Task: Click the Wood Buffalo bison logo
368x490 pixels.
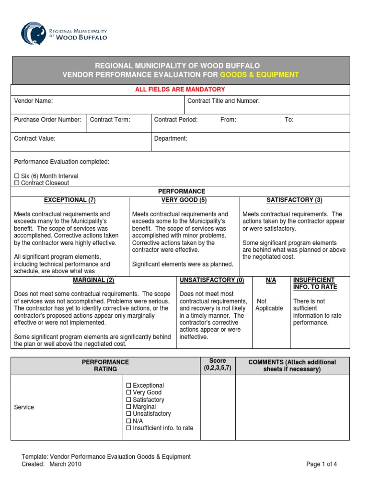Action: click(34, 33)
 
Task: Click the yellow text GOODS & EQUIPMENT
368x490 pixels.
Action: click(259, 75)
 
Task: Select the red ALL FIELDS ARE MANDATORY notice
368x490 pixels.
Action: click(180, 89)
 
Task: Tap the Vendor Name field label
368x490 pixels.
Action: click(34, 101)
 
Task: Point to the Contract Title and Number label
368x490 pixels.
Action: click(223, 101)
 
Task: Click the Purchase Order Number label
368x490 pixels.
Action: click(47, 120)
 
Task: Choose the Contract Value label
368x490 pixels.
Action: click(34, 138)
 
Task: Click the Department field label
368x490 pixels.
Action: click(171, 138)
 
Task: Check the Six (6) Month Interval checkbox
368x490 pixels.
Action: click(17, 176)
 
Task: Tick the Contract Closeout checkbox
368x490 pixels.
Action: click(17, 183)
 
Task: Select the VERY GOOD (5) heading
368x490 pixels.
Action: click(184, 200)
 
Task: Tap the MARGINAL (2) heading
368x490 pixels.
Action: click(93, 280)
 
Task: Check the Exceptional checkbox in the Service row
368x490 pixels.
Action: click(128, 386)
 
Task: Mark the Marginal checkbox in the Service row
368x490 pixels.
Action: click(128, 407)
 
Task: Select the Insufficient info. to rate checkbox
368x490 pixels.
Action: click(128, 428)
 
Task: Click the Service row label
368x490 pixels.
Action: click(24, 407)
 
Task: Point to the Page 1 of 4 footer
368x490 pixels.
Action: click(322, 464)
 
